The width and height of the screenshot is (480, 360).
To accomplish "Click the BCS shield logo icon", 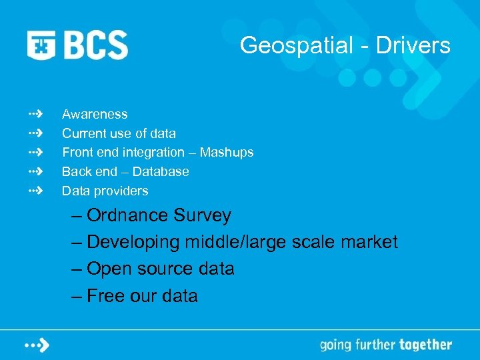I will pyautogui.click(x=41, y=45).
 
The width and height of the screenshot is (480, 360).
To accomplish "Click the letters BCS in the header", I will pyautogui.click(x=95, y=45).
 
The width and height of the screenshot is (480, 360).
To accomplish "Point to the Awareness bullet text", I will pyautogui.click(x=95, y=115).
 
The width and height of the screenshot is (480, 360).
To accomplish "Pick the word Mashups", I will pyautogui.click(x=227, y=153).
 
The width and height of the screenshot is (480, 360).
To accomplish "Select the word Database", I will pyautogui.click(x=161, y=171).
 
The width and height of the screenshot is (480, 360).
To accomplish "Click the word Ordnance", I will pyautogui.click(x=127, y=215).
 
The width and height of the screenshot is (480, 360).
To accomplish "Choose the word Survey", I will pyautogui.click(x=202, y=215).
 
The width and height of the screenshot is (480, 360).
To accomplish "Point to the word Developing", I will pyautogui.click(x=133, y=242).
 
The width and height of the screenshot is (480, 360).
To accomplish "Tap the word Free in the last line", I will pyautogui.click(x=105, y=295).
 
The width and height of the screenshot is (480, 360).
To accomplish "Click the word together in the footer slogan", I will pyautogui.click(x=425, y=345).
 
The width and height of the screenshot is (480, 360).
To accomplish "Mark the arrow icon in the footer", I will pyautogui.click(x=37, y=345).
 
